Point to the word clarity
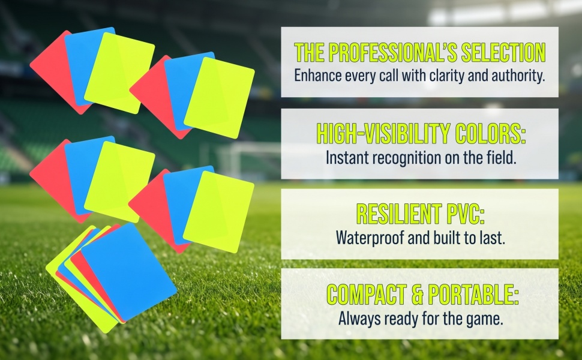447,76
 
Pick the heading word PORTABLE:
473,295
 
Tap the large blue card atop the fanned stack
129,272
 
